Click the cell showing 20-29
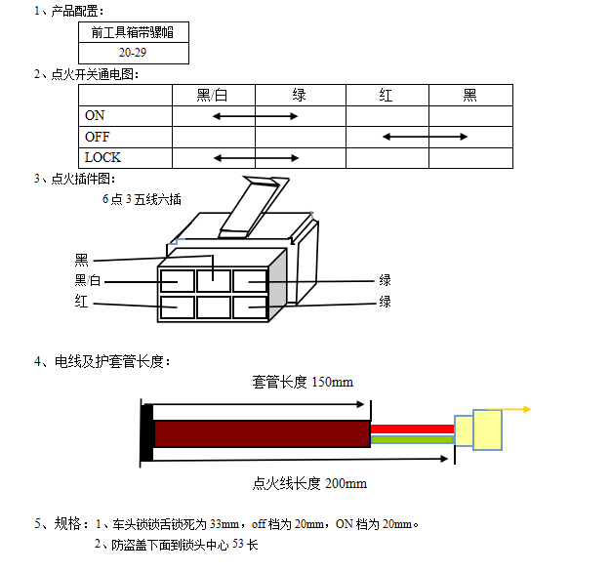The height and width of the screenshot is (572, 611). coord(133,52)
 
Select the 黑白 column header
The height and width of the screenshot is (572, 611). coord(213,95)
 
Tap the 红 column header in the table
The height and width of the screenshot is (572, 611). coord(387,95)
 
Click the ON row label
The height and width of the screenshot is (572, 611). coord(96,116)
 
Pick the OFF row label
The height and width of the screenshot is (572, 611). coord(98,137)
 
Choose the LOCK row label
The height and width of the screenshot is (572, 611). coord(102,157)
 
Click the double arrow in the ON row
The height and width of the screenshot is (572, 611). coord(256,116)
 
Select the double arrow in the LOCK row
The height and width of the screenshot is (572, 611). coord(256,157)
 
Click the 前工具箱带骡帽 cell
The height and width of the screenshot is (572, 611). coord(133,32)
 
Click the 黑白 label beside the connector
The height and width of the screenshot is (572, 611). coord(88,281)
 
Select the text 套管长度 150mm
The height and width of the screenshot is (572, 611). coord(303,381)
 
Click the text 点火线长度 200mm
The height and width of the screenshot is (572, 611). coord(309,483)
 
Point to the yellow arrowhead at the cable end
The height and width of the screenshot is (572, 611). coord(526,409)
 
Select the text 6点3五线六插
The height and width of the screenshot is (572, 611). coord(142,199)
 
